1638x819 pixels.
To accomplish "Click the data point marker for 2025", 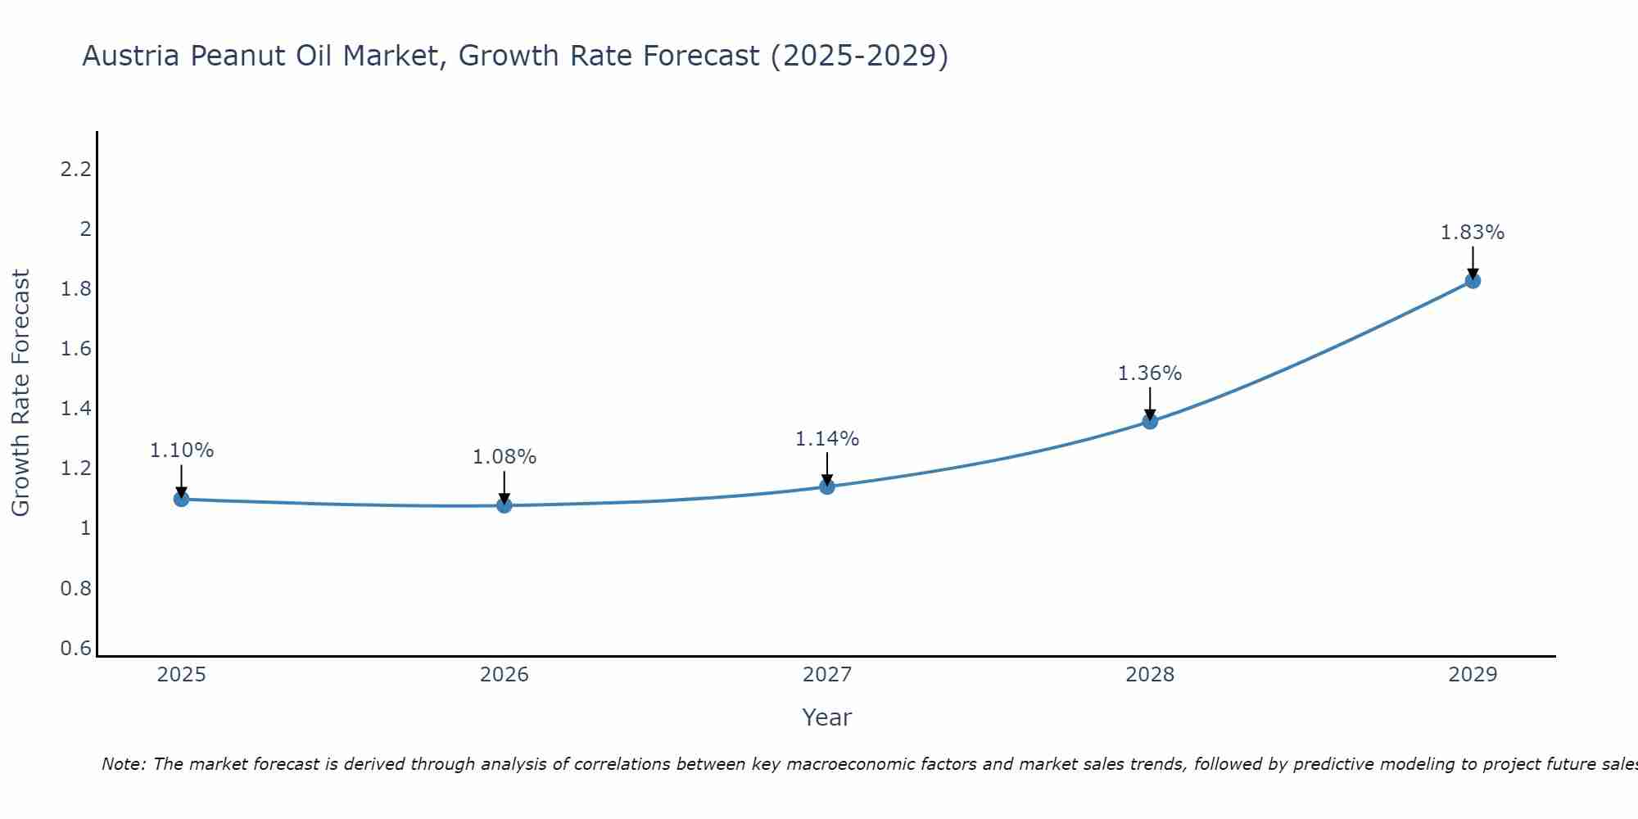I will (181, 499).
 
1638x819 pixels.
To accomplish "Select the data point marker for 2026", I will (505, 505).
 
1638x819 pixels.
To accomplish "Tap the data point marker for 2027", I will (827, 486).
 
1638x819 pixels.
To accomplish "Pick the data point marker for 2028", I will (1150, 421).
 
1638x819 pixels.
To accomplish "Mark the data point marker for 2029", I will (1473, 281).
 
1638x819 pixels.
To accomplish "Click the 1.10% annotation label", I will (181, 450).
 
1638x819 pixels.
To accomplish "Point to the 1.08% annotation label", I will (505, 457).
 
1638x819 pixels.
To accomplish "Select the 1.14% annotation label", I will (827, 439).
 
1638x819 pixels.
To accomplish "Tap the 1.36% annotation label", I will (1150, 373).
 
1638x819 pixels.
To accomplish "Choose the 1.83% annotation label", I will (1473, 233).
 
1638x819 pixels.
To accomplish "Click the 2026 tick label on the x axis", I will (505, 675).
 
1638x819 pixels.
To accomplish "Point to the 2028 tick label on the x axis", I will (1150, 675).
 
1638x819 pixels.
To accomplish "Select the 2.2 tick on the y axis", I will (75, 170).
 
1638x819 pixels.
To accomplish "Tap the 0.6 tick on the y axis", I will (75, 649).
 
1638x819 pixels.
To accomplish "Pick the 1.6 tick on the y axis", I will (75, 349).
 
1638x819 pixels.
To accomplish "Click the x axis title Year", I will (827, 717).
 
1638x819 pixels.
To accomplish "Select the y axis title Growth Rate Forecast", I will (20, 392).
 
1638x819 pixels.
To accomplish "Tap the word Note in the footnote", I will (122, 764).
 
